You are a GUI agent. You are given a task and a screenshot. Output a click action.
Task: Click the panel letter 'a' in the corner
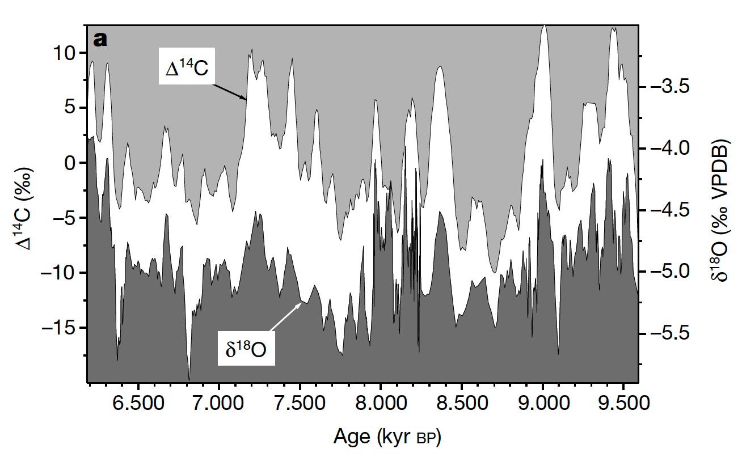(x=100, y=40)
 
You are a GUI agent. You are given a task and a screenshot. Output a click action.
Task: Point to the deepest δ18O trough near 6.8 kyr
(x=189, y=378)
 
